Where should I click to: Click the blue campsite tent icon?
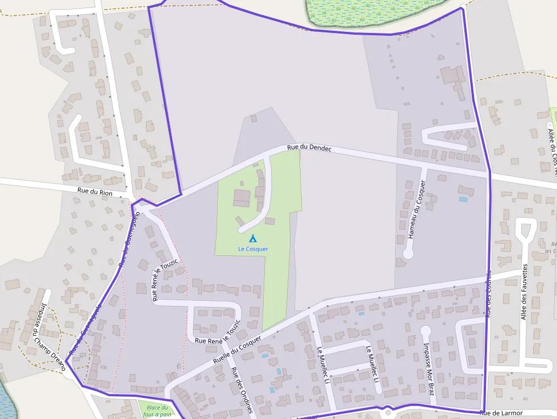253,239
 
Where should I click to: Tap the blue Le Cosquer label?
253,249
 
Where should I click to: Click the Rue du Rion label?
95,193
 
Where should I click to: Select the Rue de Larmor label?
501,413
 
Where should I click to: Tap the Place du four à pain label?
157,410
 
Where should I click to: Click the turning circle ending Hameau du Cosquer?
408,254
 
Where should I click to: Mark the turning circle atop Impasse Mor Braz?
426,330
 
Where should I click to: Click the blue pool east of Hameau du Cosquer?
463,200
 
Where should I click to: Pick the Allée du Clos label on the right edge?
551,148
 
